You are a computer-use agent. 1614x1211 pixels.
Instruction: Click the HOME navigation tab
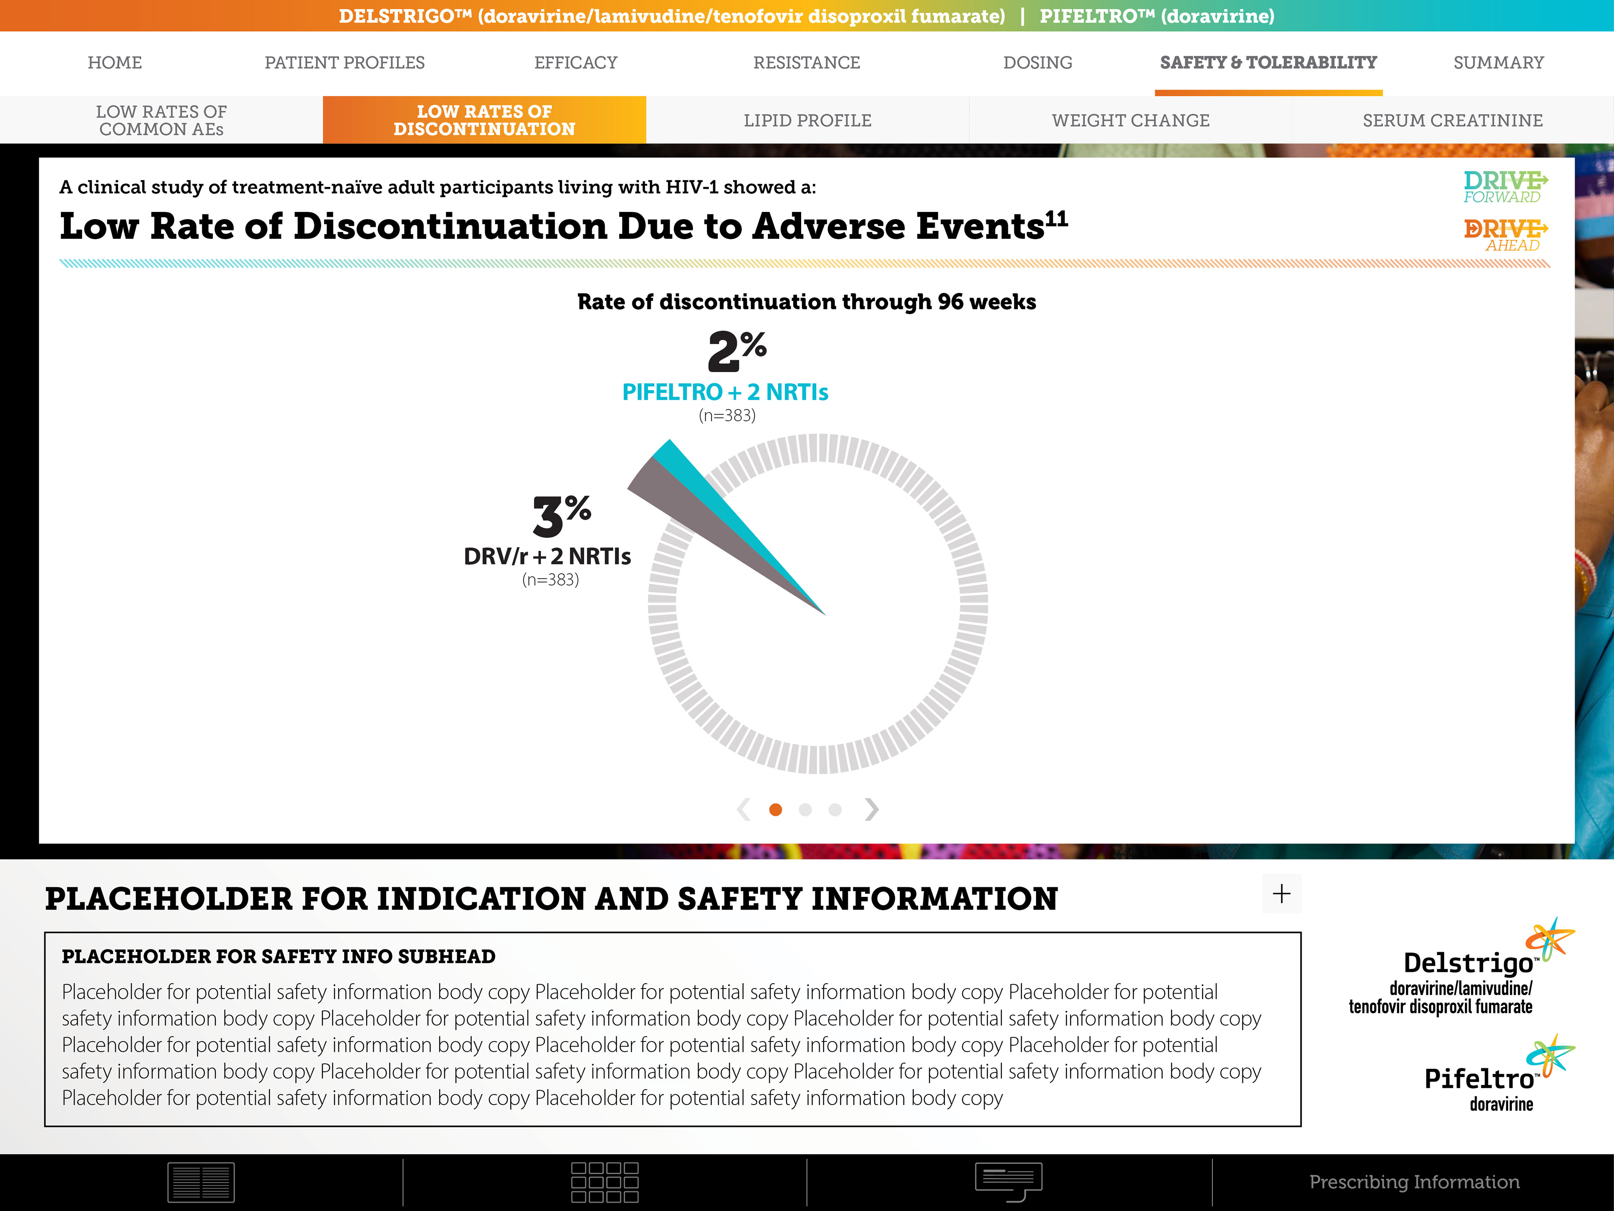click(115, 63)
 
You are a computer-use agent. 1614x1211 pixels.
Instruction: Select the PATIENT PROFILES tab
click(344, 63)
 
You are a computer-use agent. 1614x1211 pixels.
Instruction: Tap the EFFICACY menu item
click(576, 63)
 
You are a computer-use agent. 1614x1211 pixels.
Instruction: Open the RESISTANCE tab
click(806, 63)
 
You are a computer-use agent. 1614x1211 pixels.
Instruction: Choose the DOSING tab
click(1038, 63)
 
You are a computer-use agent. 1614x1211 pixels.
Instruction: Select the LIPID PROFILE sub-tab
click(807, 120)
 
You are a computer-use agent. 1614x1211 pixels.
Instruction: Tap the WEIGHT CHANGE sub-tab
click(1130, 120)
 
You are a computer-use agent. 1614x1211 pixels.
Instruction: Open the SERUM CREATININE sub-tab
click(1452, 120)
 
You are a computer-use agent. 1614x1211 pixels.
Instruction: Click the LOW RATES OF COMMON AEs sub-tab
click(161, 120)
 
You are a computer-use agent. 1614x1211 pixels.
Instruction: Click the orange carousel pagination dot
click(775, 809)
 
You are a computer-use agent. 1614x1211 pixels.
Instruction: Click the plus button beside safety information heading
click(1281, 894)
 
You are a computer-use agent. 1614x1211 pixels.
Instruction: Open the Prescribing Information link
click(1414, 1182)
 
